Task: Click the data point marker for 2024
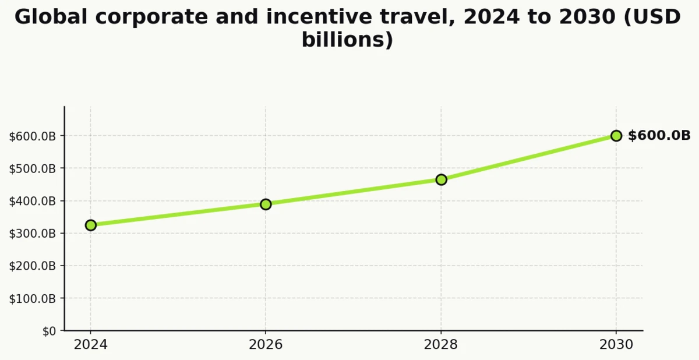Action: click(x=90, y=225)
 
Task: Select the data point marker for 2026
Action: click(x=266, y=204)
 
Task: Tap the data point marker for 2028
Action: click(x=441, y=179)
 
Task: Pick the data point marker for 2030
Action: click(x=616, y=136)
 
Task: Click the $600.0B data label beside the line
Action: click(x=659, y=136)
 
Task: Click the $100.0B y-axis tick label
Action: click(x=33, y=298)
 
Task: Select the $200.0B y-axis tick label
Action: click(x=33, y=266)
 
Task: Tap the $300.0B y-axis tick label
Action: click(x=33, y=234)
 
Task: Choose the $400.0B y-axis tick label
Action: click(x=33, y=201)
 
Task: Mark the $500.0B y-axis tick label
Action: click(x=33, y=168)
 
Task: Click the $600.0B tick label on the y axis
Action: click(x=33, y=136)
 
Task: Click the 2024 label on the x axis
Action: click(x=90, y=345)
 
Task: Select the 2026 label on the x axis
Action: click(x=266, y=345)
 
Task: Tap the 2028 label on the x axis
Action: click(x=441, y=345)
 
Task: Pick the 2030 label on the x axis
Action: click(x=616, y=345)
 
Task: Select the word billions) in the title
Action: click(x=347, y=40)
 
